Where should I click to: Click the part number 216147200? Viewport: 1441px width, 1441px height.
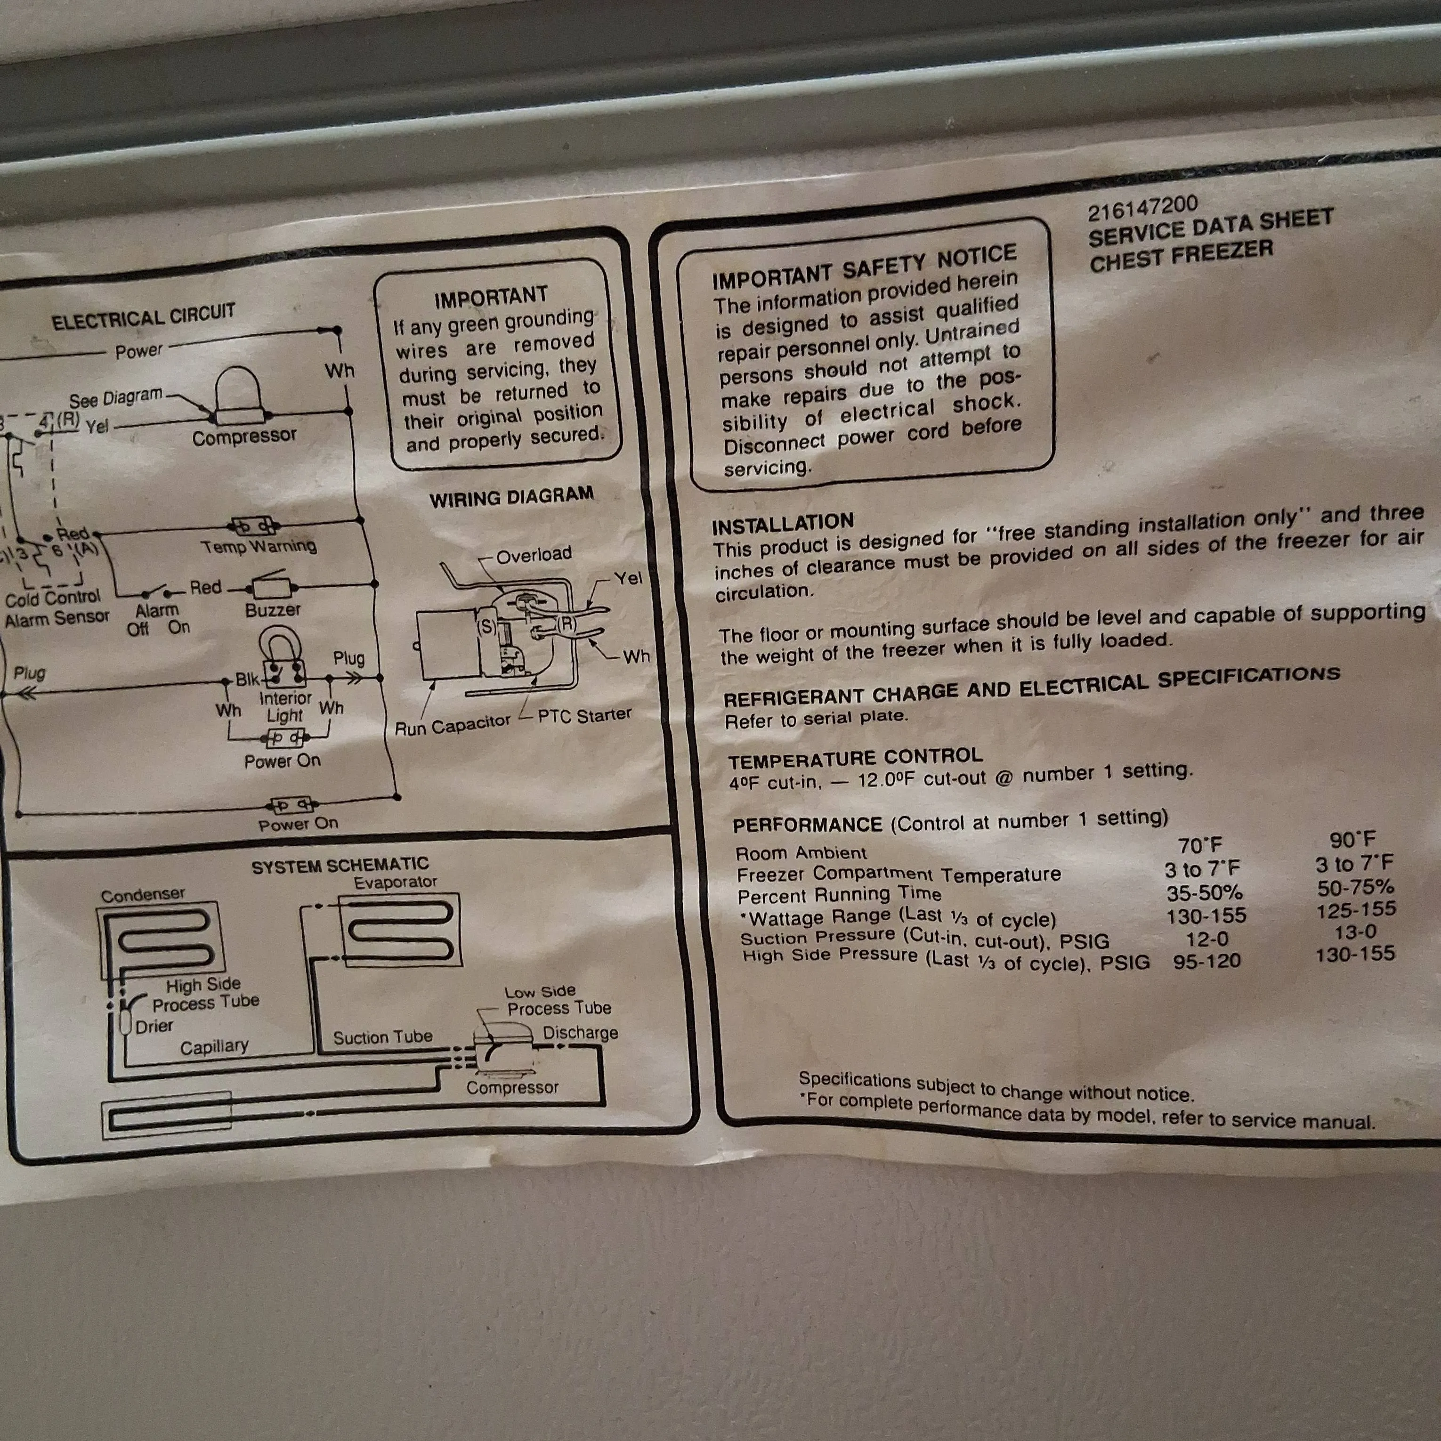tap(1142, 208)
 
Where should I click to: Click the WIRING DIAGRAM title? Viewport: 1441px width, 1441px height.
tap(512, 497)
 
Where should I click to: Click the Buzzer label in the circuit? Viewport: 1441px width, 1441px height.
tap(273, 609)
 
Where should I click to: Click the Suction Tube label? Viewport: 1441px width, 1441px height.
tap(383, 1037)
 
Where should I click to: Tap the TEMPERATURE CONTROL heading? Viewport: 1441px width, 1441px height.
tap(856, 759)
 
